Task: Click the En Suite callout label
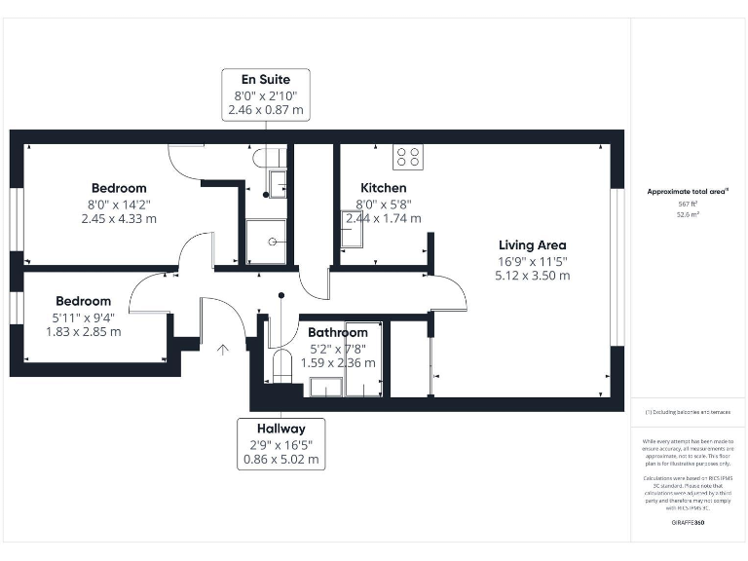(266, 78)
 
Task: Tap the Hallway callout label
(281, 429)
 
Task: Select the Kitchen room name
(383, 188)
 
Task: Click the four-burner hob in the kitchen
(407, 156)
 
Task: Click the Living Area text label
(532, 245)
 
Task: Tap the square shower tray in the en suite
(266, 242)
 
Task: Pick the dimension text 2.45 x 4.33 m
(119, 219)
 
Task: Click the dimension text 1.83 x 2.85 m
(83, 332)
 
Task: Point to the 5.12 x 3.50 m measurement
(532, 276)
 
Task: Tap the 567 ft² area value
(689, 205)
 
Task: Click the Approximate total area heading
(688, 192)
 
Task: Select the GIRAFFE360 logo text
(688, 523)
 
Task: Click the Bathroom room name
(338, 333)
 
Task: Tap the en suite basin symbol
(277, 182)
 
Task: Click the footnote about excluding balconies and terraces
(688, 413)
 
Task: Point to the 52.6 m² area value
(689, 216)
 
